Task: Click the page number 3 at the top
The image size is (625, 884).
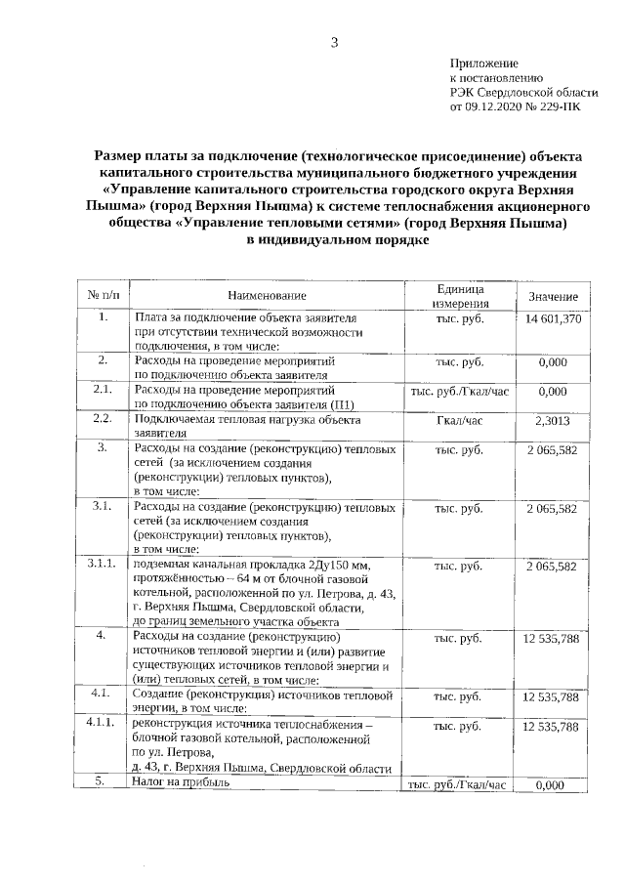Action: pos(334,41)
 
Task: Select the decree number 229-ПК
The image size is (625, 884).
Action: pos(563,107)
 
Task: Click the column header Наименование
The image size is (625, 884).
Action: pos(267,296)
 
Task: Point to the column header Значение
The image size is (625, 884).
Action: pos(553,296)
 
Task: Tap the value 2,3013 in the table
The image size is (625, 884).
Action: pos(553,420)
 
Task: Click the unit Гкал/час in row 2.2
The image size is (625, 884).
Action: pos(459,420)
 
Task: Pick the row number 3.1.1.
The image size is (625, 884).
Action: pos(103,565)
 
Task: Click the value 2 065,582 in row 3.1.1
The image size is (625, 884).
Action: pos(553,566)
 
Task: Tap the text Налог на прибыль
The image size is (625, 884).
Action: pos(178,783)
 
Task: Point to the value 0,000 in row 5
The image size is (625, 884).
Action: pos(553,784)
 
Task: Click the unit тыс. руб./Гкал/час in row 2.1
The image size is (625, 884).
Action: pos(459,391)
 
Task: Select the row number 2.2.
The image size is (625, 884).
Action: pos(103,419)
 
